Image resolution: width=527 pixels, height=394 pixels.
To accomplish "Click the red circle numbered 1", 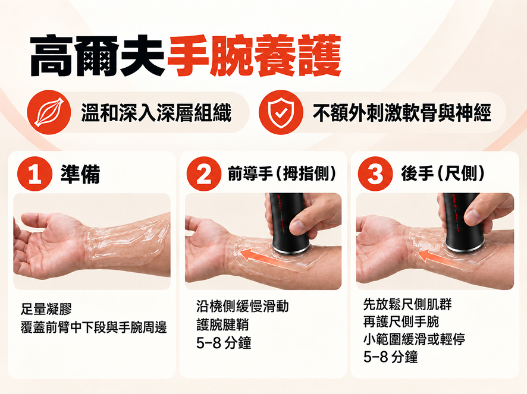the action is [34, 174].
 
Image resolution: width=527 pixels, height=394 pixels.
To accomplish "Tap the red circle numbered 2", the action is [203, 174].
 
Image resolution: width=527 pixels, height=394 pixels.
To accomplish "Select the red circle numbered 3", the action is [375, 174].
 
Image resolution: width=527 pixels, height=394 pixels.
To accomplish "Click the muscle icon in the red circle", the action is [49, 112].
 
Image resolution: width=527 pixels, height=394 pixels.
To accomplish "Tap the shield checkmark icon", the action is [281, 112].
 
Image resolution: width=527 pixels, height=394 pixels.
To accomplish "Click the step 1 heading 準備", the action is [80, 174].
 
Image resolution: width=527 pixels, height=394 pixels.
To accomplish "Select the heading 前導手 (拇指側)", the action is [282, 174].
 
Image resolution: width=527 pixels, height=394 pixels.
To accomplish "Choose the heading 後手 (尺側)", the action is [443, 174].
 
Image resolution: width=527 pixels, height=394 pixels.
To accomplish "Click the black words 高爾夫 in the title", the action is [98, 55].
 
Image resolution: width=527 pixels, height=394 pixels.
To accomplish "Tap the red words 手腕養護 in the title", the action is [255, 55].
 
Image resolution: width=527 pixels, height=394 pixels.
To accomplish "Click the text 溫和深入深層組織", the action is [156, 112].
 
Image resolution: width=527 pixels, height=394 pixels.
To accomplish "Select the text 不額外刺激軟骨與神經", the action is [402, 112].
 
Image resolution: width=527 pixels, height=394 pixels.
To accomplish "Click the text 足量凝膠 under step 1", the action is [46, 308].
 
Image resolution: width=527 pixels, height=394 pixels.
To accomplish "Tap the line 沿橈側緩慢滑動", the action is [242, 306].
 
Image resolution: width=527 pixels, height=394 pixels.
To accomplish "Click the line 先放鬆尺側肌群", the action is [407, 304].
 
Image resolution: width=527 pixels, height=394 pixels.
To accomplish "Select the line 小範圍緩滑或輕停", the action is [414, 339].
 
